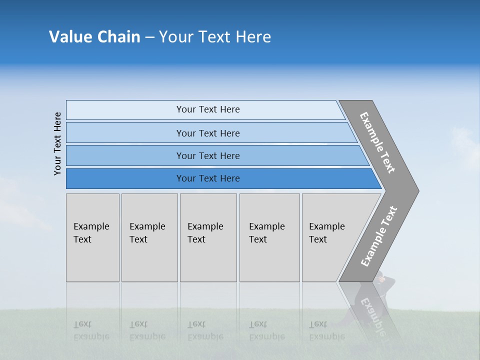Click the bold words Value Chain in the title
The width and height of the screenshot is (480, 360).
(94, 37)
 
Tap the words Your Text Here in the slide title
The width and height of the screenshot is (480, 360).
(215, 37)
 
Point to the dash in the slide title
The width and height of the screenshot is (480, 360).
(149, 37)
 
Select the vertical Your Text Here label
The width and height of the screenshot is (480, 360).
(57, 143)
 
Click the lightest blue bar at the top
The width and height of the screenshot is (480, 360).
(207, 109)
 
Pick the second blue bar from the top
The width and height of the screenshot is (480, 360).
(207, 133)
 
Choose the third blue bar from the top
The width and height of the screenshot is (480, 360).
(207, 155)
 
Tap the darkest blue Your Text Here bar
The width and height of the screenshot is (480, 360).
(207, 178)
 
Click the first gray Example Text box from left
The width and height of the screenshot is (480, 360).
(92, 237)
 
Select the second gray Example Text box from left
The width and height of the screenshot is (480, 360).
(149, 237)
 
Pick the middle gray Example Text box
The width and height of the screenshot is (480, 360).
(208, 237)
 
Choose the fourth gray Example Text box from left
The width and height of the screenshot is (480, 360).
(269, 237)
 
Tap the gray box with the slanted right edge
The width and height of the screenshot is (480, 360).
(332, 237)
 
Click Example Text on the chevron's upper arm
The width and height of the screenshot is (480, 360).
(378, 143)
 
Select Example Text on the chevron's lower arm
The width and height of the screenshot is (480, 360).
(378, 236)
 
